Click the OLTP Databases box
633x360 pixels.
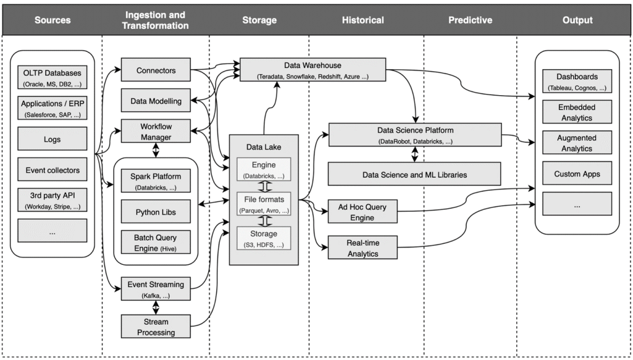[52, 77]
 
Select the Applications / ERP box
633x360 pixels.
[52, 109]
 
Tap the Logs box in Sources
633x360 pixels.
[52, 139]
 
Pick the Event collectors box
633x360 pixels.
[52, 170]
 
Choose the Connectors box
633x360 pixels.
[156, 71]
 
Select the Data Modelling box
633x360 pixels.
[156, 100]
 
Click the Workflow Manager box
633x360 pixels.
[156, 131]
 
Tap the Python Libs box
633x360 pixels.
[156, 212]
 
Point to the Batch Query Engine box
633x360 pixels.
[156, 242]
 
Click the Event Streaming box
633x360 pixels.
[156, 289]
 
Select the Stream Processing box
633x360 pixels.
[156, 327]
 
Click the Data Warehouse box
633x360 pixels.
[312, 70]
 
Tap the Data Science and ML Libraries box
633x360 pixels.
[414, 174]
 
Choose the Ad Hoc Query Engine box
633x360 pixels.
[362, 211]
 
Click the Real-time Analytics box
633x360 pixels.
[362, 248]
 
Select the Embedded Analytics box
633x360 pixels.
[576, 113]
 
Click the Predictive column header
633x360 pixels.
[470, 20]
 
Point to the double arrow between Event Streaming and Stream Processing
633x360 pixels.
[156, 307]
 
